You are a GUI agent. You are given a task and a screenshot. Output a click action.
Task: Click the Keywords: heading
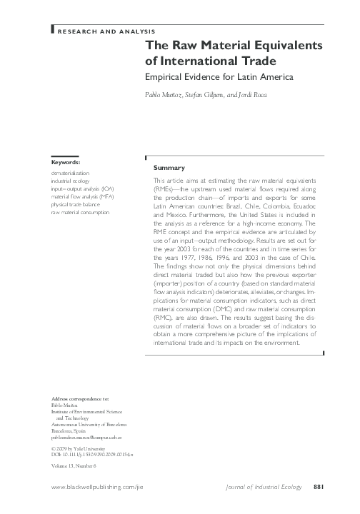66,163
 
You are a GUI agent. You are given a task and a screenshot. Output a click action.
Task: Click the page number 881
319,488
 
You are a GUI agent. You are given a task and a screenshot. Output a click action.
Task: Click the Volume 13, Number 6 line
74,465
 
